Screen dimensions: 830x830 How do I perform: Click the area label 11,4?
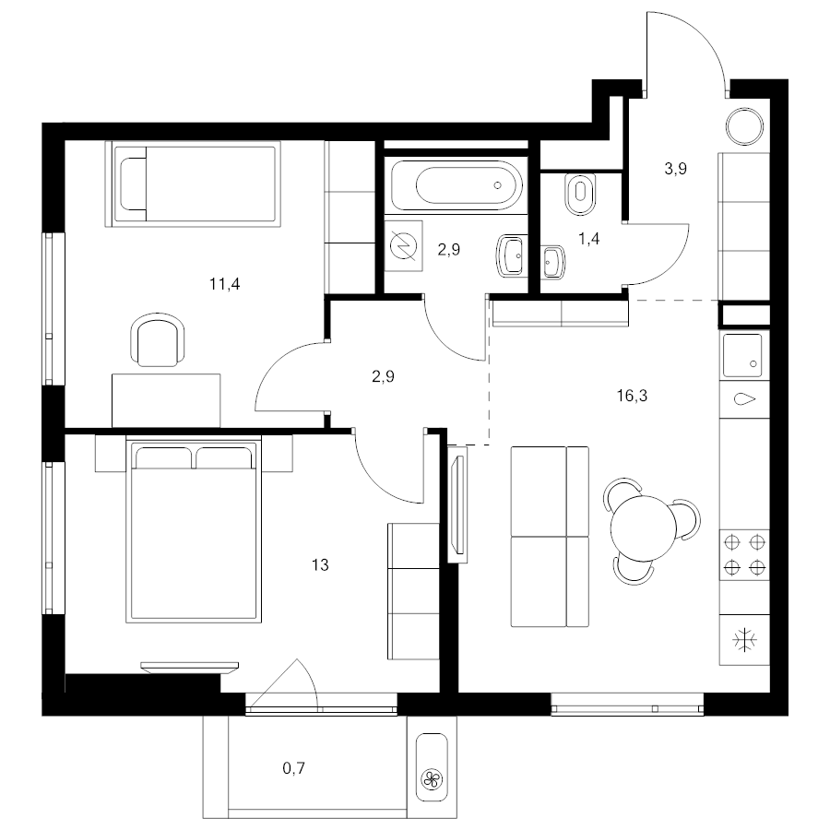point(224,285)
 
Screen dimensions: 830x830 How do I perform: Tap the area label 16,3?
point(632,396)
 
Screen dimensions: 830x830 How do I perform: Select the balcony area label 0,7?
point(294,768)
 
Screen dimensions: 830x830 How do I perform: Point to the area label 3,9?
point(675,169)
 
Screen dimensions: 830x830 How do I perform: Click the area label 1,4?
point(588,239)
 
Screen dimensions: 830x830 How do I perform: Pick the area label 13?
point(320,565)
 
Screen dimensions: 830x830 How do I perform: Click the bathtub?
point(456,185)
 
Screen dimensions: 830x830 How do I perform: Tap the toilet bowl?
point(580,194)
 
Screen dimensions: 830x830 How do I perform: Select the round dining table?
point(644,528)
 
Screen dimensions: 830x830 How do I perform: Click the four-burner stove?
point(744,555)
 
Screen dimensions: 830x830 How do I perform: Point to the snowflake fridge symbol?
point(744,640)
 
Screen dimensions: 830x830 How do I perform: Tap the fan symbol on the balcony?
point(432,778)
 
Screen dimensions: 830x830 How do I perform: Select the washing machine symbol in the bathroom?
point(403,246)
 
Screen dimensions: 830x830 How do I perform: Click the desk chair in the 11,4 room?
point(158,339)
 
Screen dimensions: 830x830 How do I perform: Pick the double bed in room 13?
point(194,529)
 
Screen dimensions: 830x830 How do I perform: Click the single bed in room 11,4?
point(193,184)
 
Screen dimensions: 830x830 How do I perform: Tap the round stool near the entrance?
point(745,126)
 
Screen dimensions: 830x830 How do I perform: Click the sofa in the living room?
point(550,537)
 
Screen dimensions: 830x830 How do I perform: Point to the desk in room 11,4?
point(166,401)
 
